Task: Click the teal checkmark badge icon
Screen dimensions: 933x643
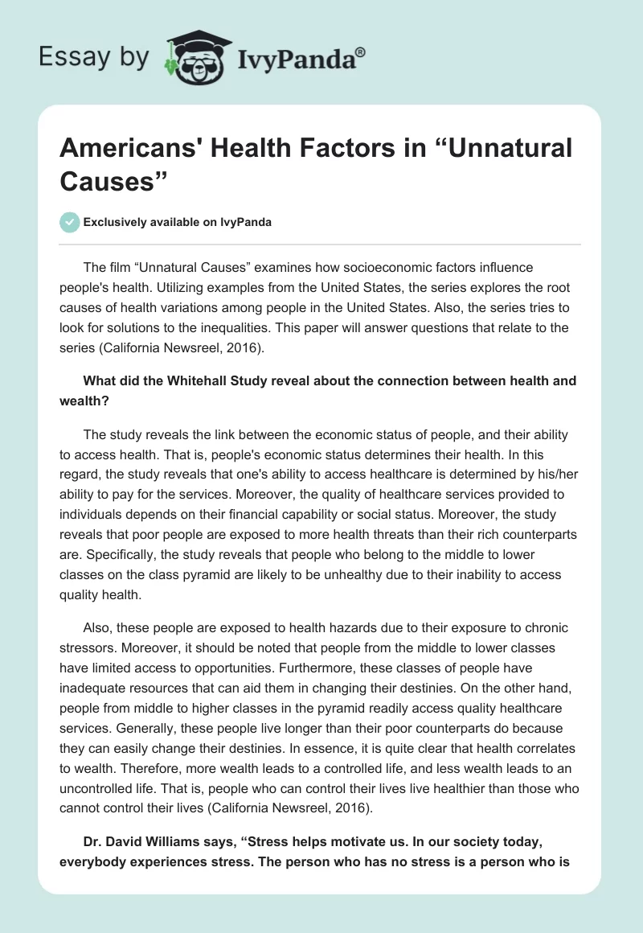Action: coord(70,222)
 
